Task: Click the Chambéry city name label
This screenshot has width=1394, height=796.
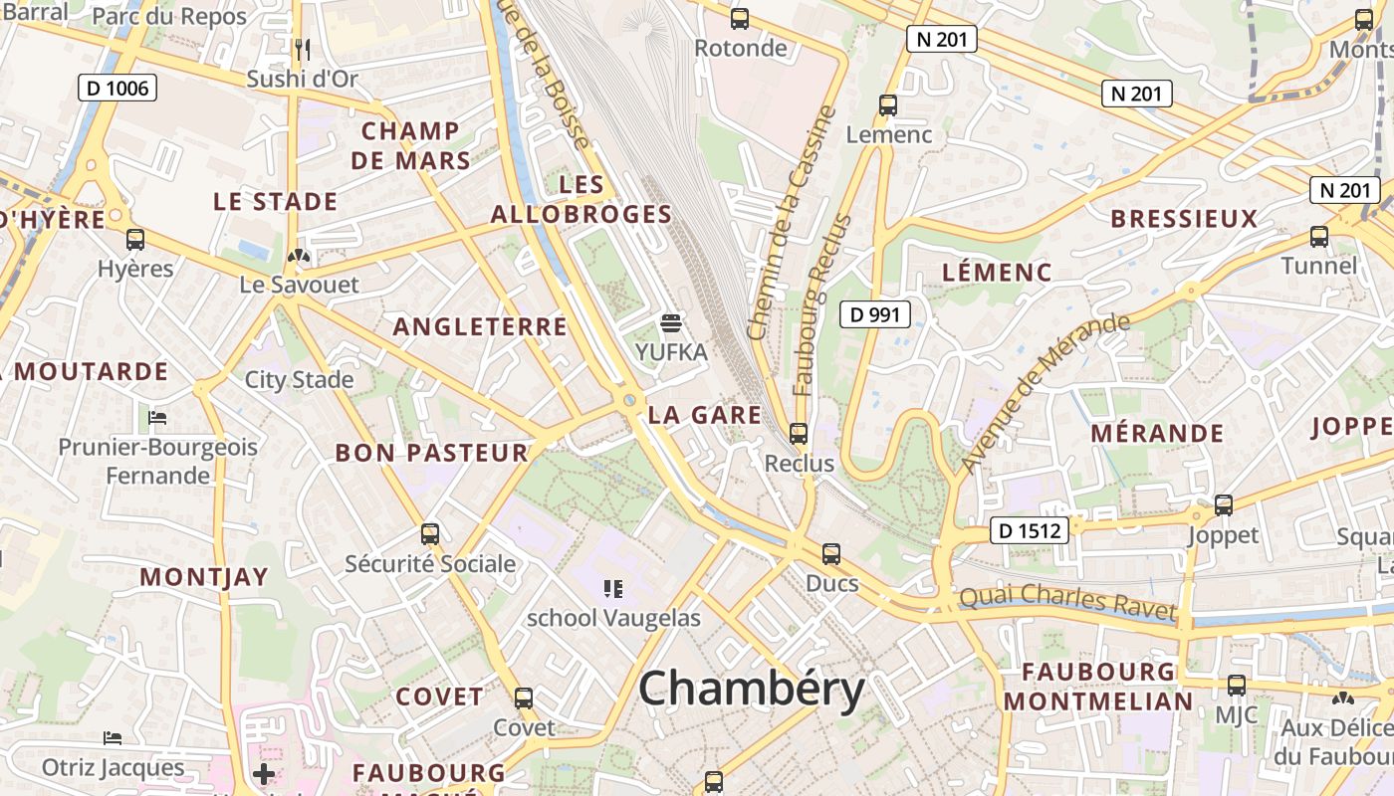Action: coord(752,689)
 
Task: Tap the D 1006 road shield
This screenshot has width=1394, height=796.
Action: coord(117,88)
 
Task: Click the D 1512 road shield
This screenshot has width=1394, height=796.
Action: coord(1030,531)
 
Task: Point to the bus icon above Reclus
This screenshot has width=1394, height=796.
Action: coord(798,433)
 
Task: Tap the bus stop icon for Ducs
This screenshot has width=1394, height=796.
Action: coord(830,553)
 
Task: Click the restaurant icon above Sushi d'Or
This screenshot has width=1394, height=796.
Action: coord(303,48)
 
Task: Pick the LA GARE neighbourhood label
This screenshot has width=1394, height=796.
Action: coord(704,415)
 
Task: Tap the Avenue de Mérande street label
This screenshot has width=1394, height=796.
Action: coord(1045,393)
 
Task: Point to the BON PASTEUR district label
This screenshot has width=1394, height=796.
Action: coord(431,453)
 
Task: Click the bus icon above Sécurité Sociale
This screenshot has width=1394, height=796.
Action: coord(430,533)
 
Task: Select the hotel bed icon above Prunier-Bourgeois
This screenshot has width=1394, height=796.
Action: coord(157,417)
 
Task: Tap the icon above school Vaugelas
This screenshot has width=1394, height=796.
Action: coord(613,588)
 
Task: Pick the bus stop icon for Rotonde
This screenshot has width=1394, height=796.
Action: coord(739,18)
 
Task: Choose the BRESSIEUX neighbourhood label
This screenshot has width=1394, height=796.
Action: coord(1184,219)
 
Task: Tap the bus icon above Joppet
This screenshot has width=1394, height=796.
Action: coord(1223,504)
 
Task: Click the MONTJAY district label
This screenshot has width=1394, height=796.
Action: coord(204,576)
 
